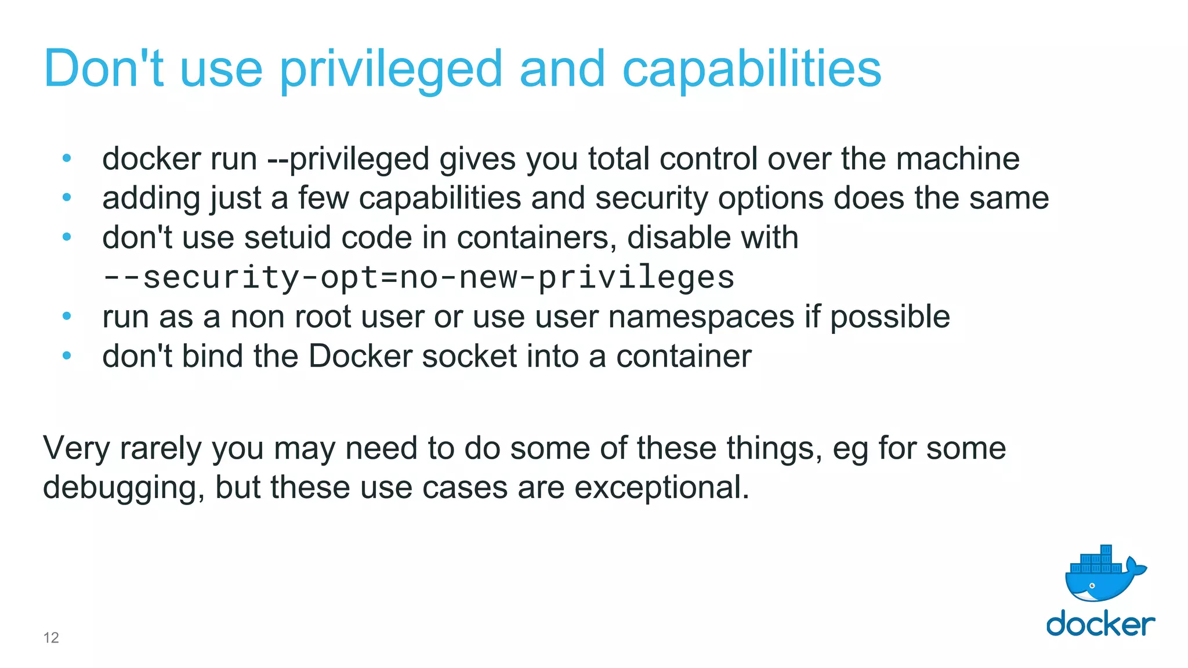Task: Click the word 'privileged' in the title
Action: tap(391, 70)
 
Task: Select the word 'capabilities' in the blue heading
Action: tap(751, 70)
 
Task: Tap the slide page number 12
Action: tap(51, 638)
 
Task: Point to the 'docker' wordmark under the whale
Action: tap(1100, 624)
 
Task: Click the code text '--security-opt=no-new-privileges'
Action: tap(418, 277)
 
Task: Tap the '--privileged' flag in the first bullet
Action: tap(348, 159)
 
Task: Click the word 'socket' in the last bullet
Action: tap(469, 356)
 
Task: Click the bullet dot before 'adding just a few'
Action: tap(67, 198)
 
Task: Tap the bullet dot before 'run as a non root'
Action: tap(67, 316)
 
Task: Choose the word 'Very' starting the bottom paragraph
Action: tap(76, 449)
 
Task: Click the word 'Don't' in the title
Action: tap(103, 70)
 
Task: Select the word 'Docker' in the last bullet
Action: tap(360, 356)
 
